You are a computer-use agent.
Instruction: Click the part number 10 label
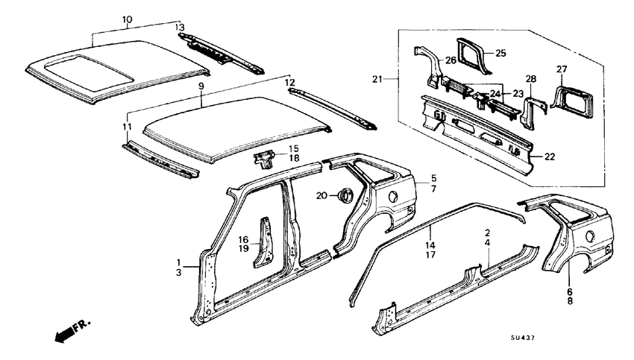point(127,19)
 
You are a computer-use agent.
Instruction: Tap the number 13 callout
point(179,28)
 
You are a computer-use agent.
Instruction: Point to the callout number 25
point(500,53)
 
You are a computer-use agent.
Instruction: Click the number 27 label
point(562,69)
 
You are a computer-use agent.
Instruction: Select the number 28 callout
point(531,79)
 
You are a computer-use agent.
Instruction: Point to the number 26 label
point(451,60)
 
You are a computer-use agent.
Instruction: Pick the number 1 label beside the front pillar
point(178,262)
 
